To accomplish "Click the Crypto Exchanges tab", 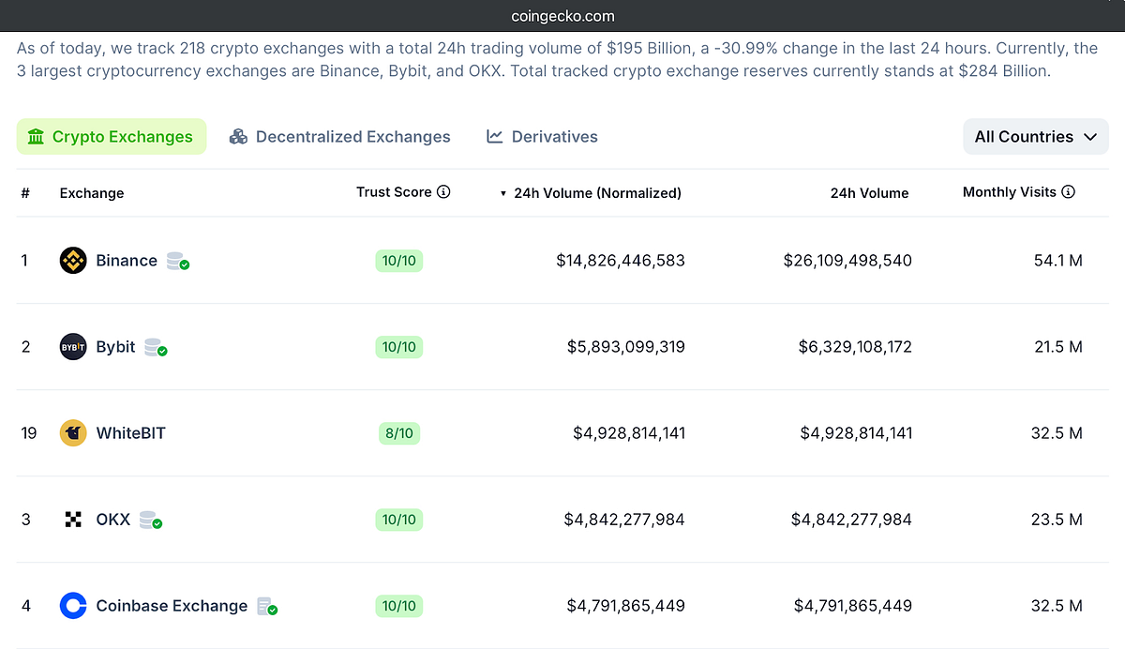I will (111, 137).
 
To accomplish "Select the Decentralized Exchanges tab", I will (340, 137).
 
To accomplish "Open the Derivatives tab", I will (542, 137).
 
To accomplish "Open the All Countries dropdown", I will (1035, 137).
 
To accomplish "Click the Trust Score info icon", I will (443, 192).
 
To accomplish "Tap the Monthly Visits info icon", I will (1068, 192).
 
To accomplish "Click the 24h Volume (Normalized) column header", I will (596, 193).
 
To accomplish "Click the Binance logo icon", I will (73, 261).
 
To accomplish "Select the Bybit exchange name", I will (115, 347).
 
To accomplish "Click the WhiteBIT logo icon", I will (73, 433).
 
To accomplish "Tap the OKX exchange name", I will (112, 520).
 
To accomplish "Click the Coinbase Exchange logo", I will (73, 606).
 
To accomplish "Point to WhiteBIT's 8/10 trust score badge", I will (398, 433).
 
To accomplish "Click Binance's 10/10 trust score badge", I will (398, 261).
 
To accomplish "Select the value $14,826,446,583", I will (620, 261).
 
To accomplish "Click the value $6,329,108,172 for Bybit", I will (854, 347).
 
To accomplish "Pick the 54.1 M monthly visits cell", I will (1057, 261).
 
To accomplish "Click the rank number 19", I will (29, 433).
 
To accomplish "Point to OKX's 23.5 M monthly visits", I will (1057, 520).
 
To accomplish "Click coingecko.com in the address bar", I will (562, 16).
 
